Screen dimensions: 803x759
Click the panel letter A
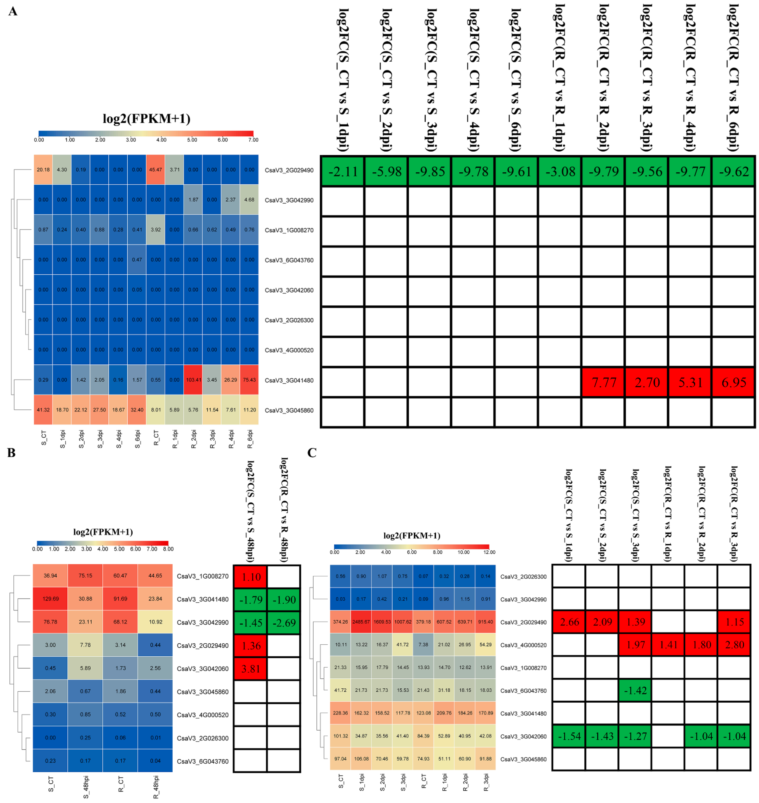click(x=13, y=11)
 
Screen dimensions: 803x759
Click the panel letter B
click(x=11, y=453)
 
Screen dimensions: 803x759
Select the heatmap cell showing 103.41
click(x=193, y=380)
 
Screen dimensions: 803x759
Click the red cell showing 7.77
click(x=604, y=382)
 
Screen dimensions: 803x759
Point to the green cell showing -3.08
click(x=560, y=172)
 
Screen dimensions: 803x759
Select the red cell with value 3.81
click(x=251, y=669)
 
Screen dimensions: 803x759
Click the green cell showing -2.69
click(x=284, y=623)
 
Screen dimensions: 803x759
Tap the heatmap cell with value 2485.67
click(x=361, y=622)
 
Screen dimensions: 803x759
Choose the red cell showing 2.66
click(x=569, y=622)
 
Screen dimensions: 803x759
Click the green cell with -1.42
click(x=635, y=691)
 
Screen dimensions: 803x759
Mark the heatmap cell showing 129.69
click(x=51, y=599)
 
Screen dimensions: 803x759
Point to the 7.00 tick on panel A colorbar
click(x=253, y=140)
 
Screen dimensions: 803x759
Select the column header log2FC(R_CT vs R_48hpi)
click(x=284, y=510)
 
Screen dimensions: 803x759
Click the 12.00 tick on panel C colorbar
click(x=489, y=552)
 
